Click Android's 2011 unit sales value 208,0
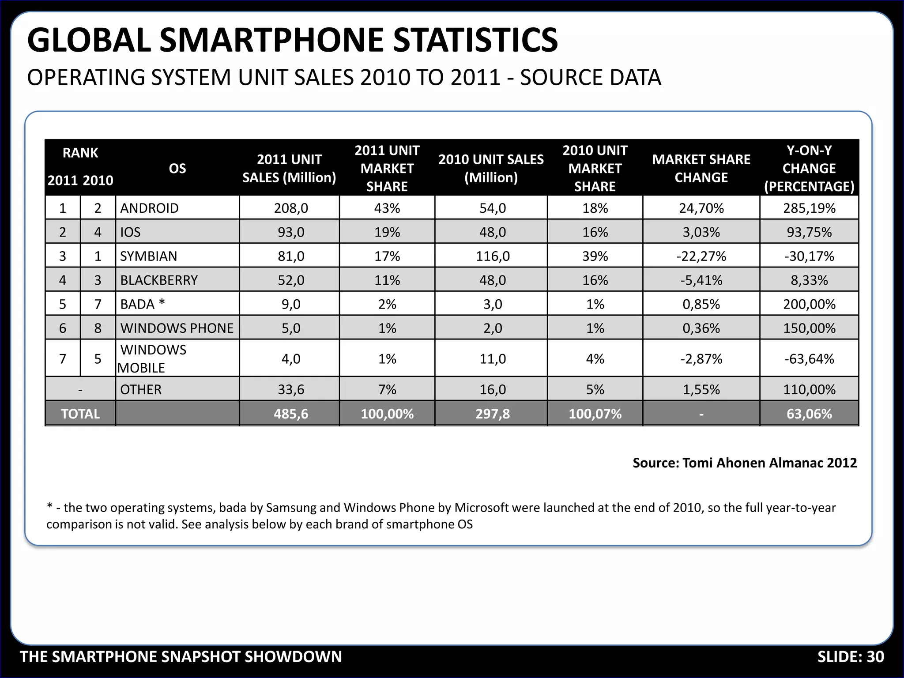(x=291, y=208)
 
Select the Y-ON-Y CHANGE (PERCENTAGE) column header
(x=809, y=168)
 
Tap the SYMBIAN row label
(x=148, y=256)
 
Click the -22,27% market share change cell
(x=701, y=256)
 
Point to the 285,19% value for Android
(x=809, y=208)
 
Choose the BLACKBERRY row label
(x=159, y=280)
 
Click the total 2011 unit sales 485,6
(x=291, y=414)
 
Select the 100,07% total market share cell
(x=595, y=414)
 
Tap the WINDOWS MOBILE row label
(x=153, y=358)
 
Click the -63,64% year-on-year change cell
(x=809, y=358)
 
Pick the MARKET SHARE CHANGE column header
(x=701, y=168)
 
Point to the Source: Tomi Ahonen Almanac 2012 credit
(x=745, y=463)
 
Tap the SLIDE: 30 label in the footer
(x=851, y=657)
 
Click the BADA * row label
(x=142, y=304)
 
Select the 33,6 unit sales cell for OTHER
(x=291, y=389)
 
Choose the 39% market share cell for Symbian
(x=595, y=256)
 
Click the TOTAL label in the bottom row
(x=80, y=414)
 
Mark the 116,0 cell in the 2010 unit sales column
(x=493, y=256)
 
